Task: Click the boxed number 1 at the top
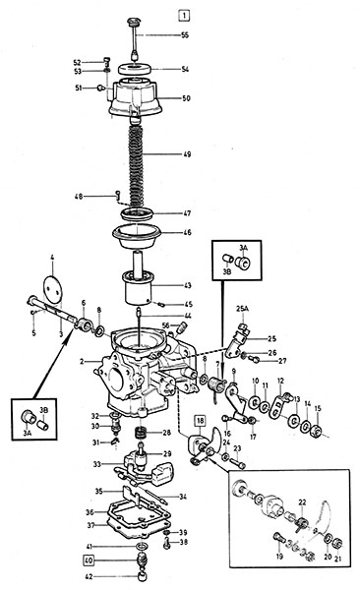(x=183, y=16)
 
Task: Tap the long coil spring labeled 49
(x=137, y=167)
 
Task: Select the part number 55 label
(x=185, y=35)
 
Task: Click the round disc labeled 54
(x=135, y=69)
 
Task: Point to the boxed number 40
(x=89, y=560)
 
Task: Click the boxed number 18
(x=200, y=420)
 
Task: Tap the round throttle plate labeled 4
(x=52, y=289)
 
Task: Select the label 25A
(x=243, y=309)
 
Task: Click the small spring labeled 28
(x=140, y=433)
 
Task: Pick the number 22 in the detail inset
(x=302, y=501)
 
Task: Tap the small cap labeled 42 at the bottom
(x=143, y=575)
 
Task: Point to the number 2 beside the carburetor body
(x=82, y=362)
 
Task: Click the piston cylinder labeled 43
(x=139, y=287)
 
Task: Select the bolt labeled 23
(x=236, y=462)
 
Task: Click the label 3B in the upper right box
(x=226, y=271)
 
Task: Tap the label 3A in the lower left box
(x=27, y=433)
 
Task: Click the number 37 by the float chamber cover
(x=90, y=526)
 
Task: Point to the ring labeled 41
(x=142, y=547)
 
